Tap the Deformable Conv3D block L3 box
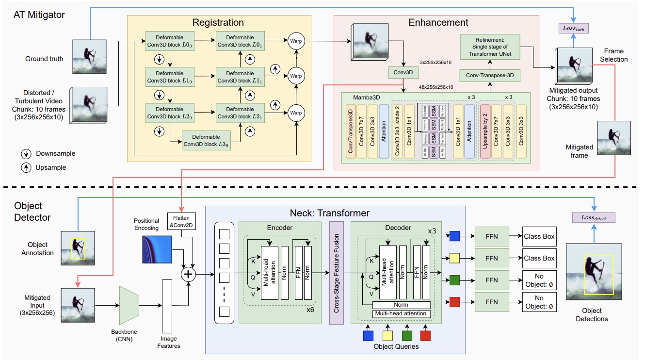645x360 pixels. tap(206, 140)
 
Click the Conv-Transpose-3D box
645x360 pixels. tap(487, 75)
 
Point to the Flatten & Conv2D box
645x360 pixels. tap(181, 221)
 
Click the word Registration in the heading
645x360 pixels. tap(218, 23)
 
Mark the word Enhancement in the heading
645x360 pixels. tap(438, 22)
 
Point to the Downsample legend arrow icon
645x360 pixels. tap(25, 153)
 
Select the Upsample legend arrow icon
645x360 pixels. tap(25, 167)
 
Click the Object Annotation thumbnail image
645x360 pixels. tap(77, 248)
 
